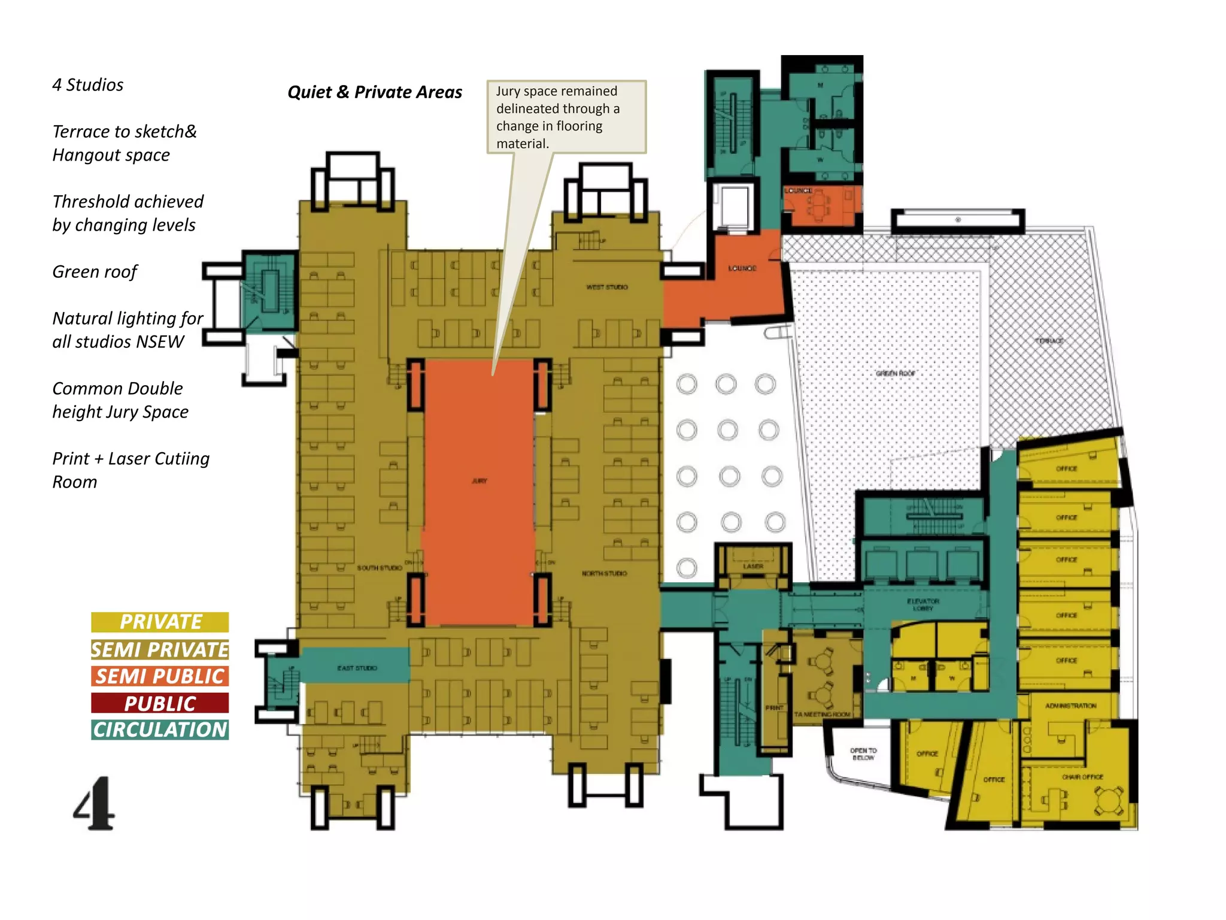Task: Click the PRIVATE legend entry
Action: (160, 622)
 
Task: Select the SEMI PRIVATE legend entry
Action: (160, 649)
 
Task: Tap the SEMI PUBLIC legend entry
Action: (160, 676)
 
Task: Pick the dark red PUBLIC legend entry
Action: (160, 703)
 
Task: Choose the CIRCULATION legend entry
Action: (160, 730)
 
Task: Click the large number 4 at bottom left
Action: (94, 803)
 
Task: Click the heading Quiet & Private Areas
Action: (375, 92)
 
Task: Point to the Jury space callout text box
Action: (566, 117)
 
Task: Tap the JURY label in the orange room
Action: (480, 481)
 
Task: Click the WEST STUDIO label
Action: (607, 287)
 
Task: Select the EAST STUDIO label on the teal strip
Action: (357, 668)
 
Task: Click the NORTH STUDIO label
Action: (604, 573)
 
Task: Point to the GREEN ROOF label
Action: (896, 373)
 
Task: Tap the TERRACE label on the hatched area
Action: (1049, 341)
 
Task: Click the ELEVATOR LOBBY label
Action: (923, 604)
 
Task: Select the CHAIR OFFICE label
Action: (1082, 777)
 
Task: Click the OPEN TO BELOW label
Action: (863, 753)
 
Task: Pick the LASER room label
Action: (753, 566)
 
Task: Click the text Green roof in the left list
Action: (95, 272)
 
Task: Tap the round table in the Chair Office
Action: (1109, 802)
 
